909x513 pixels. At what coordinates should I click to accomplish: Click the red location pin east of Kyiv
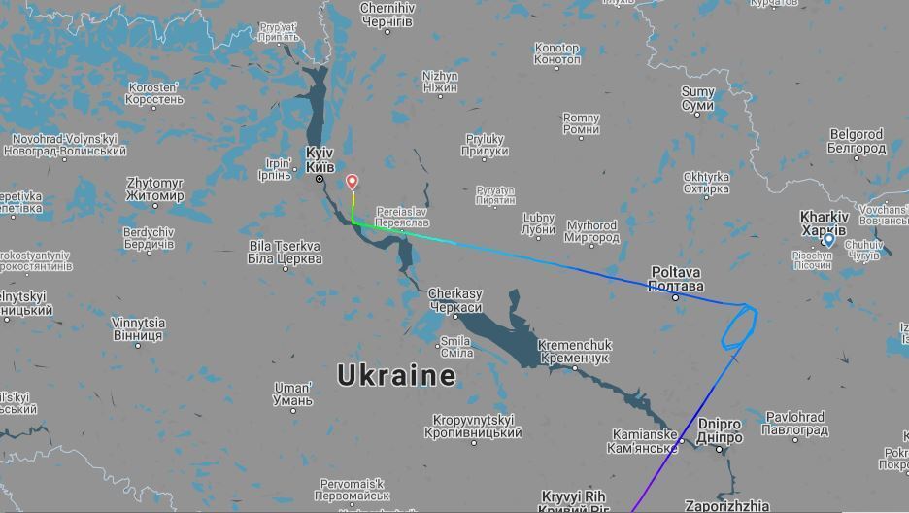pyautogui.click(x=353, y=182)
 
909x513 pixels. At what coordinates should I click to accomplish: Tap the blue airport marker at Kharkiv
pyautogui.click(x=828, y=240)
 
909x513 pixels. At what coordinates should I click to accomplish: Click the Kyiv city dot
pyautogui.click(x=320, y=179)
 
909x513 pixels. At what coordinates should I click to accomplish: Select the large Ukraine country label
pyautogui.click(x=396, y=375)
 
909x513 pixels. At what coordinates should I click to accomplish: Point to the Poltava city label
pyautogui.click(x=677, y=280)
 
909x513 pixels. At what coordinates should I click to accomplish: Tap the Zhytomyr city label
pyautogui.click(x=154, y=189)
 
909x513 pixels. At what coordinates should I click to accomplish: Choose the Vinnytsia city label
pyautogui.click(x=138, y=329)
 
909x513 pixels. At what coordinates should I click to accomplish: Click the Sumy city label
pyautogui.click(x=697, y=98)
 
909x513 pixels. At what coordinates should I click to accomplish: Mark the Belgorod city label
pyautogui.click(x=856, y=141)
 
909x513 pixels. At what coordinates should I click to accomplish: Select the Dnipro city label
pyautogui.click(x=719, y=430)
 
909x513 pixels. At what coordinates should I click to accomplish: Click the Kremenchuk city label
pyautogui.click(x=575, y=351)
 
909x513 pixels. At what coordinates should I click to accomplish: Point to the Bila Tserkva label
pyautogui.click(x=286, y=253)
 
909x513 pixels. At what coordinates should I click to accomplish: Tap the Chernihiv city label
pyautogui.click(x=387, y=15)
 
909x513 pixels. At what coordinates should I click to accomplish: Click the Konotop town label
pyautogui.click(x=557, y=53)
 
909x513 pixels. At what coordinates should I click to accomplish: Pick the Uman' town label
pyautogui.click(x=292, y=394)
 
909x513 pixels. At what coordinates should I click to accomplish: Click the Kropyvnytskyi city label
pyautogui.click(x=477, y=427)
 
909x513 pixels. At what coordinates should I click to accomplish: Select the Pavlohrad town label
pyautogui.click(x=794, y=424)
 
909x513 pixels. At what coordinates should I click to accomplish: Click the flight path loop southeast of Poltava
pyautogui.click(x=738, y=327)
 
